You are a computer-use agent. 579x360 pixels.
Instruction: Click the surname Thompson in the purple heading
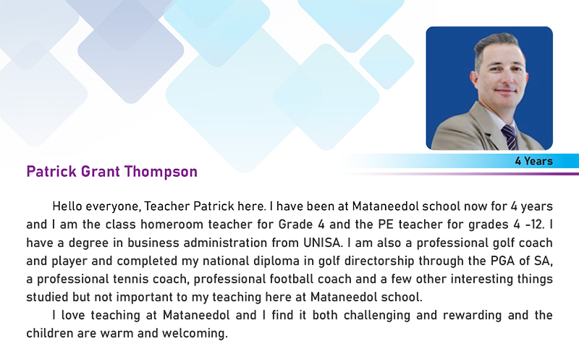(161, 172)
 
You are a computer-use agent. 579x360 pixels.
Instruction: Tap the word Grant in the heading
(101, 172)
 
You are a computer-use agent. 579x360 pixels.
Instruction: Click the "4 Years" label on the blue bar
(534, 161)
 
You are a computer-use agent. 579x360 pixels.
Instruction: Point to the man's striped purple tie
(510, 137)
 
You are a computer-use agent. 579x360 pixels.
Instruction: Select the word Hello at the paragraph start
(67, 206)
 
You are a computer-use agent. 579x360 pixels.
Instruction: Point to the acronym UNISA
(322, 243)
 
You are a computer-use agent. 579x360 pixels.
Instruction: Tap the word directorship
(379, 261)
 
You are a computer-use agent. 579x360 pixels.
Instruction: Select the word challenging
(377, 315)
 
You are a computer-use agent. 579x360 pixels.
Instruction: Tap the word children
(50, 333)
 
